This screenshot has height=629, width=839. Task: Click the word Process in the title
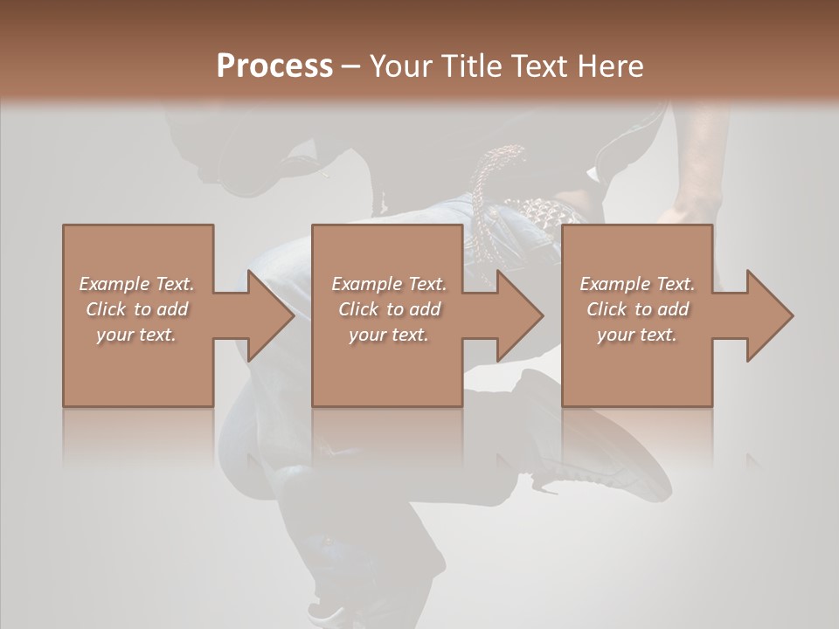tap(274, 66)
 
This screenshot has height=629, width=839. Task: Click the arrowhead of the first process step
tap(271, 315)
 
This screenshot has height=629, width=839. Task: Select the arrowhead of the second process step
tap(520, 315)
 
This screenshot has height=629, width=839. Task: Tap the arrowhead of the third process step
tap(769, 315)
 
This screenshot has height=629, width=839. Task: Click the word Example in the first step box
tap(114, 284)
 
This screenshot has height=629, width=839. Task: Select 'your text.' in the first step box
tap(136, 335)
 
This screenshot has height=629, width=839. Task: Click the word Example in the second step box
tap(366, 284)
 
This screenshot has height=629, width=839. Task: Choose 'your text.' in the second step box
tap(388, 335)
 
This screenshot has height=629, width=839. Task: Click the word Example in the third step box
tap(614, 284)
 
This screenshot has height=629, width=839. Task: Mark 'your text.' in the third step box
tap(636, 335)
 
